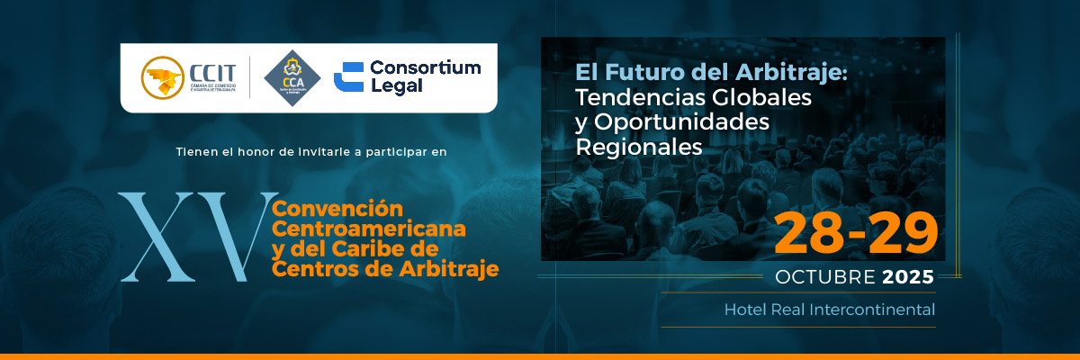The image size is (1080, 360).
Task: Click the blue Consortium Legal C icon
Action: [348, 77]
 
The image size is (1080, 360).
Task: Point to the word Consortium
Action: [426, 67]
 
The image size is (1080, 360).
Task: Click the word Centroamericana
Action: [369, 229]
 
